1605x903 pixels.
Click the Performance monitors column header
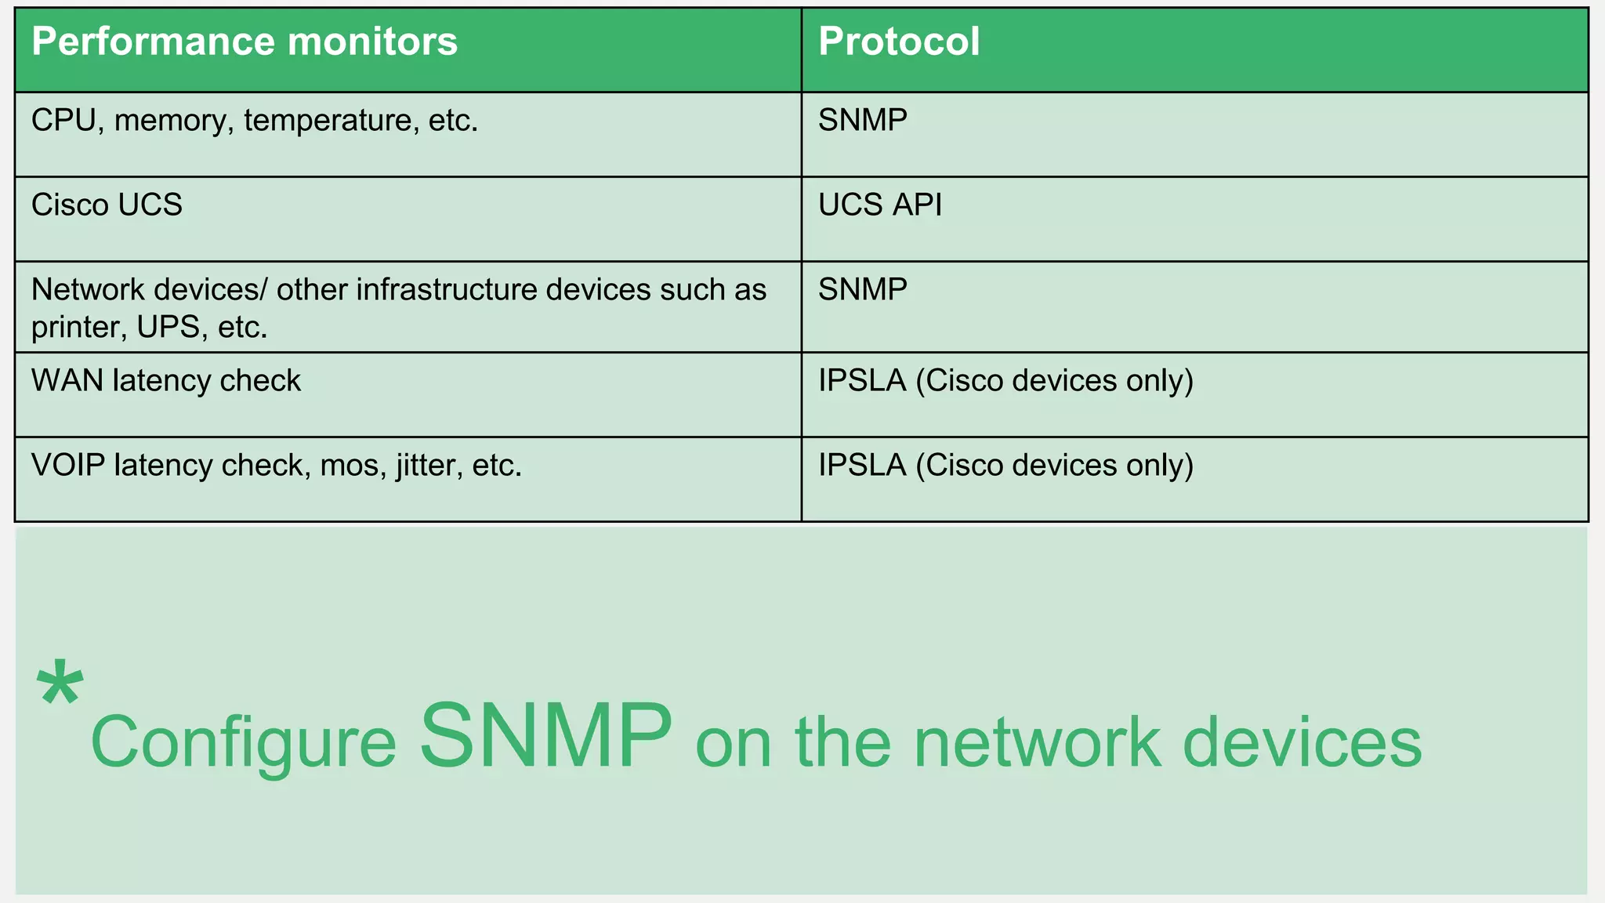pyautogui.click(x=244, y=42)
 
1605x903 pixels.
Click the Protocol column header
pyautogui.click(x=898, y=42)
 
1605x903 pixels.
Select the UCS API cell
pyautogui.click(x=879, y=205)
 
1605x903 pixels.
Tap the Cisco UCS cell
pyautogui.click(x=107, y=205)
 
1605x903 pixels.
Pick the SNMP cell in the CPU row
pyautogui.click(x=862, y=121)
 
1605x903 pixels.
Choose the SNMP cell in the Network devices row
pyautogui.click(x=862, y=290)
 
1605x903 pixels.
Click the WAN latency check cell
pyautogui.click(x=165, y=381)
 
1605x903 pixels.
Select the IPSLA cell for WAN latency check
pyautogui.click(x=1005, y=381)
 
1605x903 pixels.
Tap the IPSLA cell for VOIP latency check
pyautogui.click(x=1005, y=466)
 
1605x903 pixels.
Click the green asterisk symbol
pyautogui.click(x=60, y=684)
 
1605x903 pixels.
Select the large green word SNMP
pyautogui.click(x=545, y=735)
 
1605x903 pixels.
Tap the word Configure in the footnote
pyautogui.click(x=243, y=743)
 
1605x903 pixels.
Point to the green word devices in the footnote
pyautogui.click(x=1301, y=743)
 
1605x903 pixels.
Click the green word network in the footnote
pyautogui.click(x=1036, y=743)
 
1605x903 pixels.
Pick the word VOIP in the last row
pyautogui.click(x=67, y=466)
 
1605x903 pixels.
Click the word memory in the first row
pyautogui.click(x=173, y=121)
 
